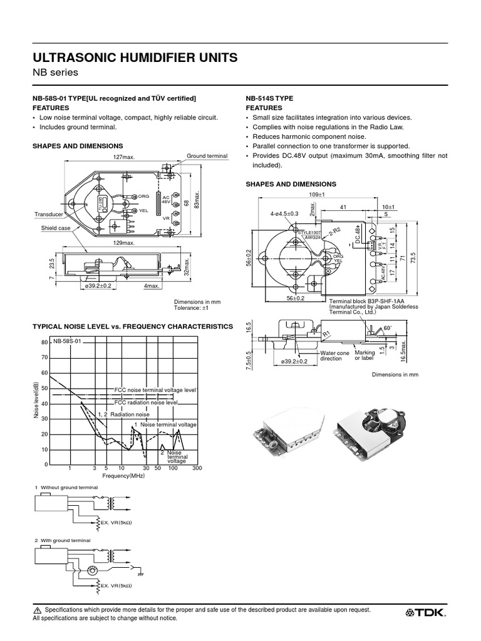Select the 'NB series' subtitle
(55, 73)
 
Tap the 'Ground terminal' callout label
(207, 155)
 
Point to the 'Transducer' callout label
(49, 214)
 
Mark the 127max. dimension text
(124, 158)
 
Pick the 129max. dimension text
(124, 242)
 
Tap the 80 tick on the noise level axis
(44, 343)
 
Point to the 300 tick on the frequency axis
(198, 468)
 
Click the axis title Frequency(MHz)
(124, 476)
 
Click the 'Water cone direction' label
(334, 356)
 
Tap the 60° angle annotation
(388, 328)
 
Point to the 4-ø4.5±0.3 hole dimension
(284, 213)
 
